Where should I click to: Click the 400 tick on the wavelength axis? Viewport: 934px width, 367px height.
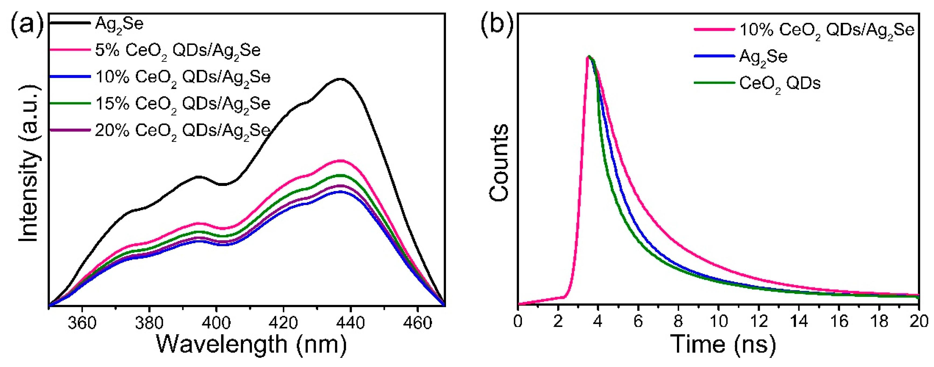pyautogui.click(x=216, y=322)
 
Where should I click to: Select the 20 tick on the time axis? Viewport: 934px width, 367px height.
pyautogui.click(x=919, y=321)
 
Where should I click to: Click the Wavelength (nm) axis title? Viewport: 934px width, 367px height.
pyautogui.click(x=251, y=344)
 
